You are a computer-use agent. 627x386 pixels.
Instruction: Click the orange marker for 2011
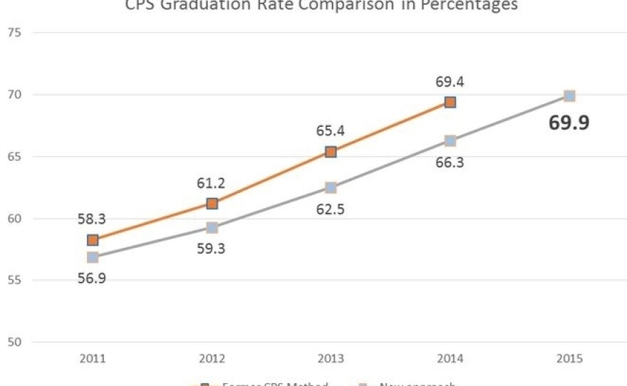[x=93, y=240]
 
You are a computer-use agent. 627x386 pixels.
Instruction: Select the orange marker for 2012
[x=212, y=204]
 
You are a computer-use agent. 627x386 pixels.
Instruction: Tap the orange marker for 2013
[x=331, y=152]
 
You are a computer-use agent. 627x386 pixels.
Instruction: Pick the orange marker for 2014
[x=450, y=102]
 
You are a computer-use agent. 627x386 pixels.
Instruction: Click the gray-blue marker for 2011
[x=93, y=257]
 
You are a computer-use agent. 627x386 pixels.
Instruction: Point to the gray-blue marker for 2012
[x=212, y=228]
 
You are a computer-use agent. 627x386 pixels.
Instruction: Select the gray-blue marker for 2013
[x=331, y=188]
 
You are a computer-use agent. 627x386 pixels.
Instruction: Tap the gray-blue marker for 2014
[x=450, y=141]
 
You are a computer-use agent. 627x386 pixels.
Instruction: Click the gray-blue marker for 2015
[x=569, y=95]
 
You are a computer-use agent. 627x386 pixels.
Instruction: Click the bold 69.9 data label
[x=569, y=123]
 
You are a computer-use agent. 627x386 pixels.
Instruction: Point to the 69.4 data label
[x=450, y=82]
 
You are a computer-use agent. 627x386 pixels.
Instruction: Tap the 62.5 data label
[x=331, y=210]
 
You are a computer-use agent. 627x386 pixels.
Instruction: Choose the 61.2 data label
[x=212, y=184]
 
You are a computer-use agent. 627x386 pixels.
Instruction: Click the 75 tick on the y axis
[x=15, y=33]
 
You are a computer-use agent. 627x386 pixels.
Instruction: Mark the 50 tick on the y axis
[x=15, y=343]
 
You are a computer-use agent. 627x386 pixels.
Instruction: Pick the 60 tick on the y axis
[x=15, y=219]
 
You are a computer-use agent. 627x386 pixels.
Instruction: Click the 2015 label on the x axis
[x=569, y=359]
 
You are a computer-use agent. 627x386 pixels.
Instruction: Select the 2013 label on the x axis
[x=331, y=359]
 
